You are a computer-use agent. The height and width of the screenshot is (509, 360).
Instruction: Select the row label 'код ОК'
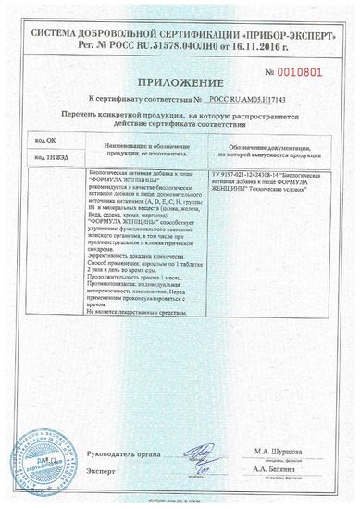pos(44,139)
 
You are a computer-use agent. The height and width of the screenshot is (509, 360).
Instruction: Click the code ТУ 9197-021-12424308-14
pos(251,172)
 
